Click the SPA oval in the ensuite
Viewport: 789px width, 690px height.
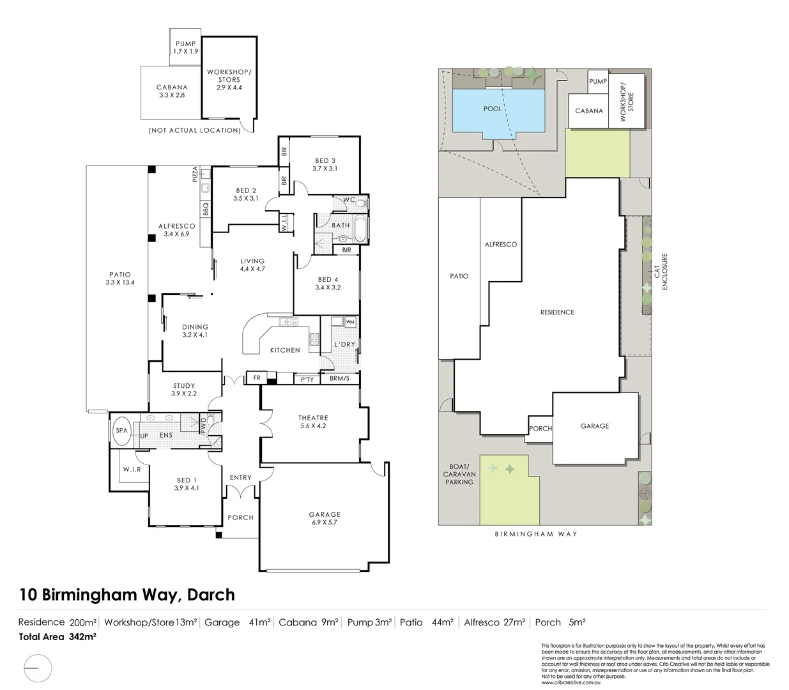pyautogui.click(x=121, y=430)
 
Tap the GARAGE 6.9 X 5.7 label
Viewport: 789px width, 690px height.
pyautogui.click(x=325, y=518)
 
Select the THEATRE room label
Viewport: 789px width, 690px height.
pyautogui.click(x=313, y=422)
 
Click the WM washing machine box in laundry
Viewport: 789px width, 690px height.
pyautogui.click(x=349, y=322)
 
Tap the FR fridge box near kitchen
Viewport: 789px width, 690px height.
pyautogui.click(x=257, y=378)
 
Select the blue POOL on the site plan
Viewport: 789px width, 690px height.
pyautogui.click(x=493, y=109)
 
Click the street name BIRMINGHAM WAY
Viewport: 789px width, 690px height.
pyautogui.click(x=535, y=533)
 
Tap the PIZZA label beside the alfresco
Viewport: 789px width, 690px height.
pyautogui.click(x=195, y=175)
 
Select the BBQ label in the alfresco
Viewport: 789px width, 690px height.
pyautogui.click(x=206, y=210)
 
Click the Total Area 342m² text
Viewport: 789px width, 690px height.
pyautogui.click(x=57, y=636)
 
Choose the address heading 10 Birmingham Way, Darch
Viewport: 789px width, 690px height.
pyautogui.click(x=127, y=595)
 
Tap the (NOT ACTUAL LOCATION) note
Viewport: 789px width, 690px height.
pyautogui.click(x=195, y=130)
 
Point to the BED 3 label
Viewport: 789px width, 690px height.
pyautogui.click(x=325, y=164)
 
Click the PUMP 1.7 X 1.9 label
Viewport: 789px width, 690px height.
pyautogui.click(x=185, y=47)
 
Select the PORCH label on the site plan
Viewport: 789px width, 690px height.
pyautogui.click(x=540, y=428)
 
